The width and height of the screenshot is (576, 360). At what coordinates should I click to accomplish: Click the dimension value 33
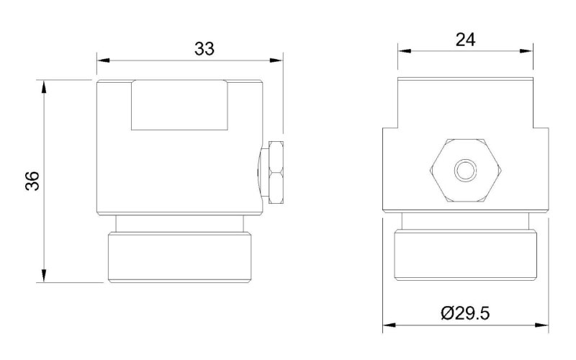[204, 48]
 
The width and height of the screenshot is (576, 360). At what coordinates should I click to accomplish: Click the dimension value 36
[32, 181]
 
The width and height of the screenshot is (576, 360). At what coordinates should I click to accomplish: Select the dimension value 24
[465, 40]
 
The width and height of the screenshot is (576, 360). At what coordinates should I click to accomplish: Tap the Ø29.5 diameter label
[465, 313]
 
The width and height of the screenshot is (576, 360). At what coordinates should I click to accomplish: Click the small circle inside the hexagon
[465, 171]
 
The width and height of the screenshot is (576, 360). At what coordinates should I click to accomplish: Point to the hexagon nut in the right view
[465, 171]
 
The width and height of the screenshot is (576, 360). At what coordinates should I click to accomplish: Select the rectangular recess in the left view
[179, 105]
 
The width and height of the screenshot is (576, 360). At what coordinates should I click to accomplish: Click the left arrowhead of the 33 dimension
[103, 60]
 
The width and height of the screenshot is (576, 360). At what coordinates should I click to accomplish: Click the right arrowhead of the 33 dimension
[276, 60]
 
